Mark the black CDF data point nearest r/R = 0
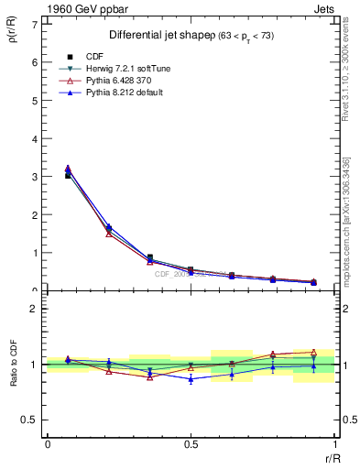coord(68,175)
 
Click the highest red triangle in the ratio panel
coord(314,352)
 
